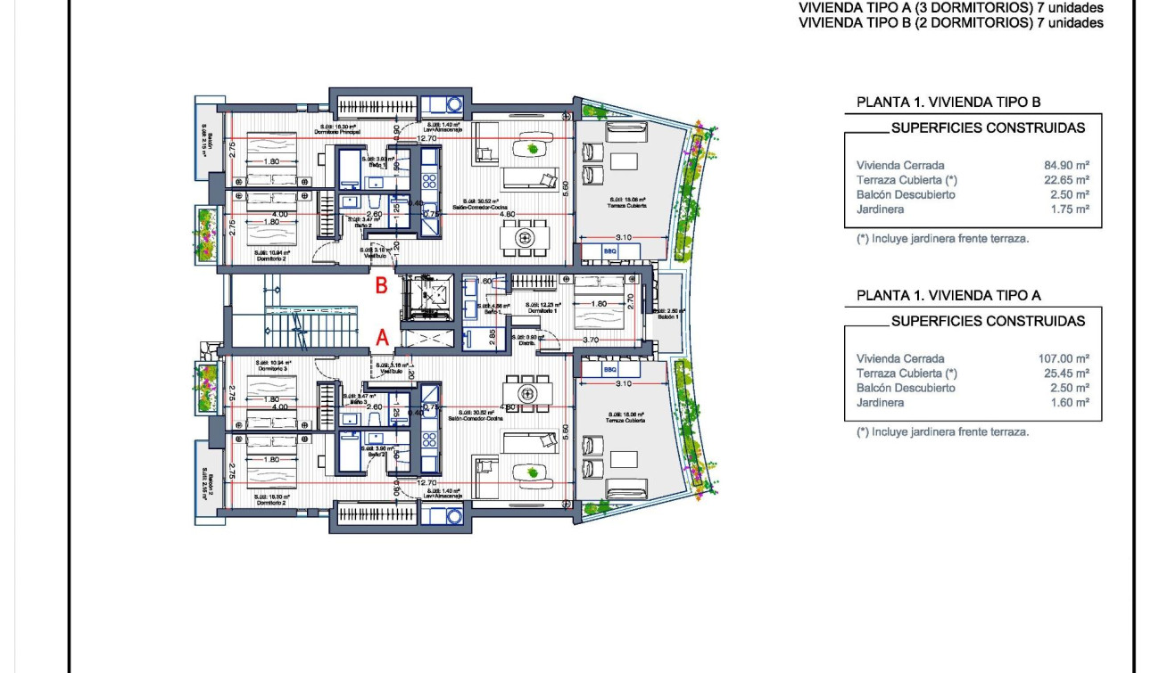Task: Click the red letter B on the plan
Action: (381, 286)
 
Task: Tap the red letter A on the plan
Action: (382, 337)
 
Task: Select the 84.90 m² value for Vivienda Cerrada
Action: (1067, 165)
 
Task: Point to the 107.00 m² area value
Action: (1064, 358)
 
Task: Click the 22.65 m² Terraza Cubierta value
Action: (1067, 180)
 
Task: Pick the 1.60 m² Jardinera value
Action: (1071, 402)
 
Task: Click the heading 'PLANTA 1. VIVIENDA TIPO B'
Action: (948, 103)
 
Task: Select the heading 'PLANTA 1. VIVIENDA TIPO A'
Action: (948, 295)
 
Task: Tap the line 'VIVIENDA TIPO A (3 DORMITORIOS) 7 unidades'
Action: (951, 8)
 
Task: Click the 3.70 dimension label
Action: (590, 340)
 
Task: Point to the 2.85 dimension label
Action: (493, 336)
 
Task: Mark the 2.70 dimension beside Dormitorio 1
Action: (630, 300)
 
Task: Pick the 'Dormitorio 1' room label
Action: (542, 310)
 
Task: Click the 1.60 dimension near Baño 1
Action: (484, 281)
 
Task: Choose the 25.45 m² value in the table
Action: (1067, 373)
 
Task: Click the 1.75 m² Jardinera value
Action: (1071, 209)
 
